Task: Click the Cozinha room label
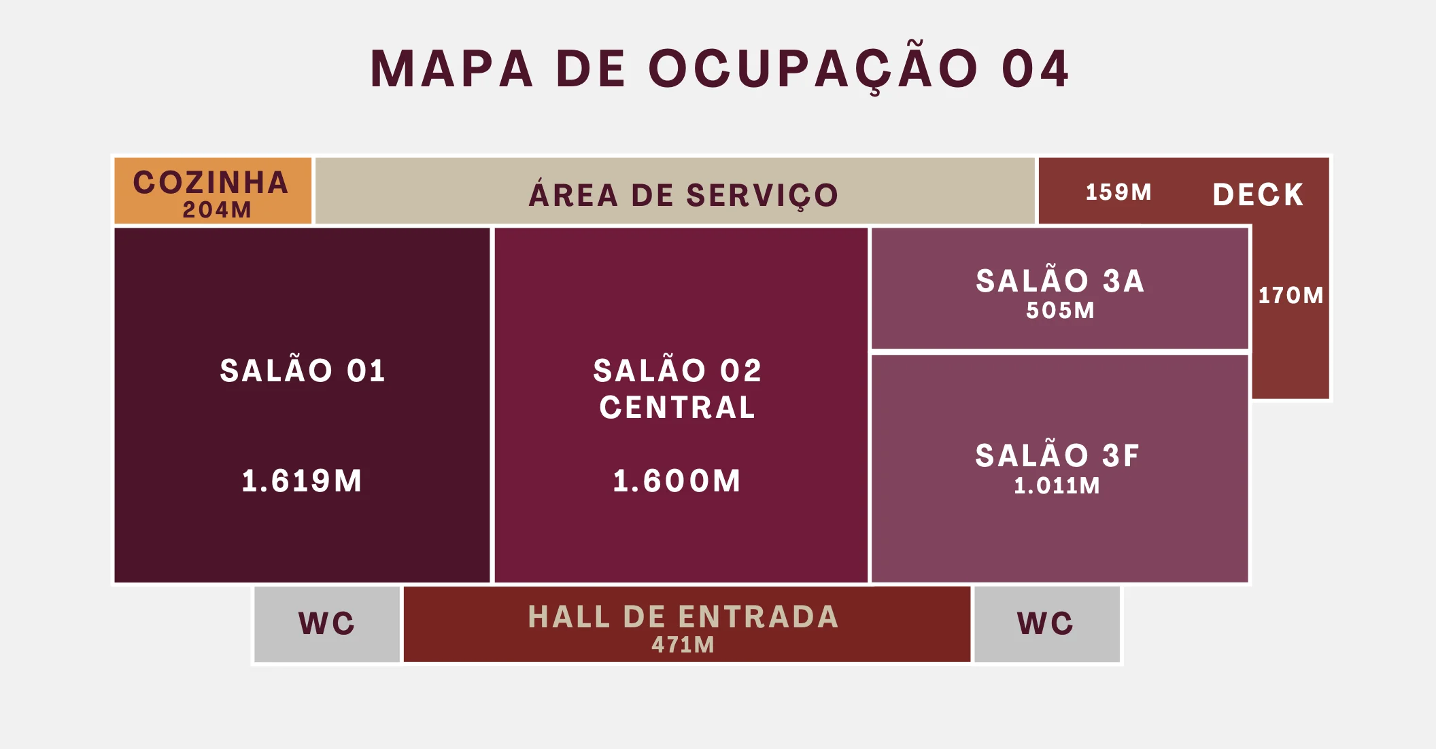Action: (x=211, y=182)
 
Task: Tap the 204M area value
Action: (x=217, y=210)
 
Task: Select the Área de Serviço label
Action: (x=683, y=195)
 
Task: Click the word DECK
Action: (x=1258, y=194)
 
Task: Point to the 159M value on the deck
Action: (x=1118, y=192)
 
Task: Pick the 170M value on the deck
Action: (x=1290, y=296)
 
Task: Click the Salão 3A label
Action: (x=1060, y=281)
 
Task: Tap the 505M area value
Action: (x=1060, y=311)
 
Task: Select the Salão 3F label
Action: (x=1057, y=455)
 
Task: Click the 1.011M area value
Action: (x=1057, y=486)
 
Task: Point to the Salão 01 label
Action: (x=303, y=371)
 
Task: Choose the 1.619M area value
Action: (x=302, y=481)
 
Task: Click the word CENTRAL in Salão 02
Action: (x=677, y=408)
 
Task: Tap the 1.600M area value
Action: (x=677, y=481)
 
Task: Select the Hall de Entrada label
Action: (x=683, y=617)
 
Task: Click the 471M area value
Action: (x=683, y=645)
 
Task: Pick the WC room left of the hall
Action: (x=326, y=624)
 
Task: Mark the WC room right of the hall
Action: (x=1046, y=624)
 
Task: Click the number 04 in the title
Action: (x=1036, y=69)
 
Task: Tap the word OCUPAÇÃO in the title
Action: (x=813, y=69)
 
